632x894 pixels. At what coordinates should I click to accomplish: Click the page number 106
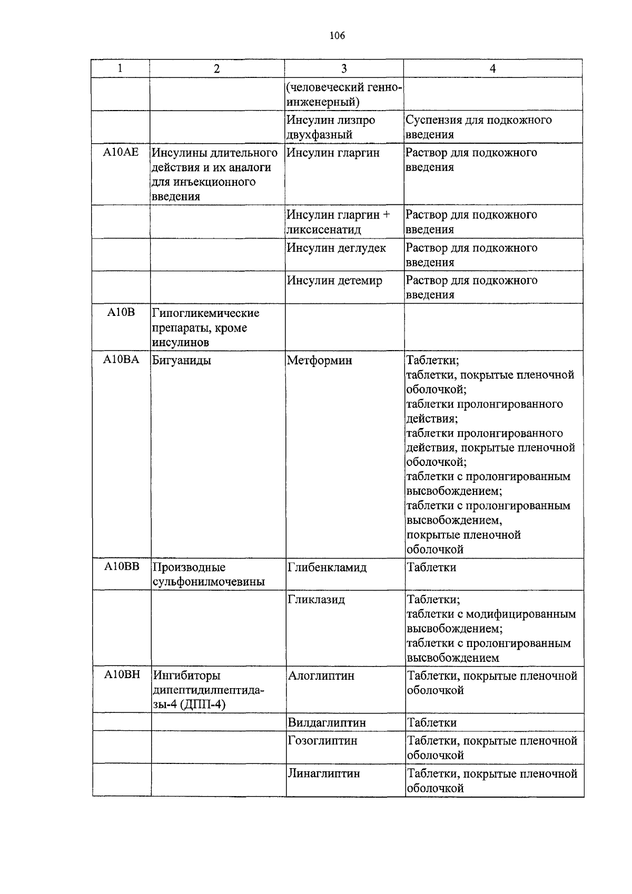pyautogui.click(x=337, y=36)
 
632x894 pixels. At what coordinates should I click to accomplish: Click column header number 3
pyautogui.click(x=344, y=68)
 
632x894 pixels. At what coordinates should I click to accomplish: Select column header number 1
pyautogui.click(x=121, y=68)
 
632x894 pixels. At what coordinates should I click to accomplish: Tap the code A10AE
pyautogui.click(x=121, y=153)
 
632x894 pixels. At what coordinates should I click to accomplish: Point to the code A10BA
pyautogui.click(x=121, y=360)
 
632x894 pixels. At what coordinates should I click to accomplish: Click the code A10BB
pyautogui.click(x=121, y=567)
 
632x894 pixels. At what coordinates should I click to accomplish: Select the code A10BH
pyautogui.click(x=121, y=675)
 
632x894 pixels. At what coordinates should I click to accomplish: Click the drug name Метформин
pyautogui.click(x=319, y=361)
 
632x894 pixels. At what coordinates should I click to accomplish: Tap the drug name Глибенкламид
pyautogui.click(x=327, y=568)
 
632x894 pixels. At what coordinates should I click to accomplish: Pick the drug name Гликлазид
pyautogui.click(x=316, y=600)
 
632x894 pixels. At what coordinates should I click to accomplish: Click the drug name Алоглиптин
pyautogui.click(x=321, y=676)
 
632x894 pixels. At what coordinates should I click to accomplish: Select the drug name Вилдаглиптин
pyautogui.click(x=327, y=722)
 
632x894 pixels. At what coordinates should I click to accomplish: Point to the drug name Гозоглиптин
pyautogui.click(x=322, y=741)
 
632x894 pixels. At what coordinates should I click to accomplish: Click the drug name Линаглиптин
pyautogui.click(x=323, y=773)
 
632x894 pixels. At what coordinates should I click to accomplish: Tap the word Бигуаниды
pyautogui.click(x=181, y=361)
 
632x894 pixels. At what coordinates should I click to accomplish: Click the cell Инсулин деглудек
pyautogui.click(x=336, y=248)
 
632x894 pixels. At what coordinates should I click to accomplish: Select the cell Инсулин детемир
pyautogui.click(x=334, y=281)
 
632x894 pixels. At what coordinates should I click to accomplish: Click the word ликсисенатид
pyautogui.click(x=323, y=230)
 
